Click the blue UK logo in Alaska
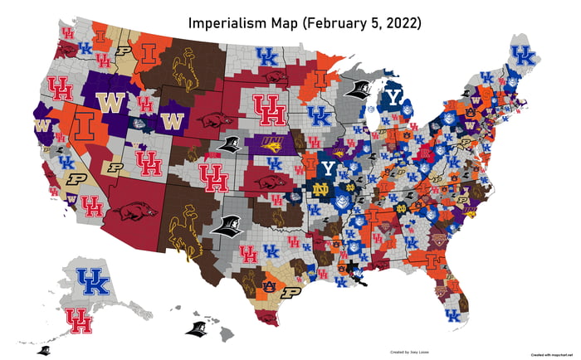(92, 282)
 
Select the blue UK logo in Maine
(523, 56)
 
